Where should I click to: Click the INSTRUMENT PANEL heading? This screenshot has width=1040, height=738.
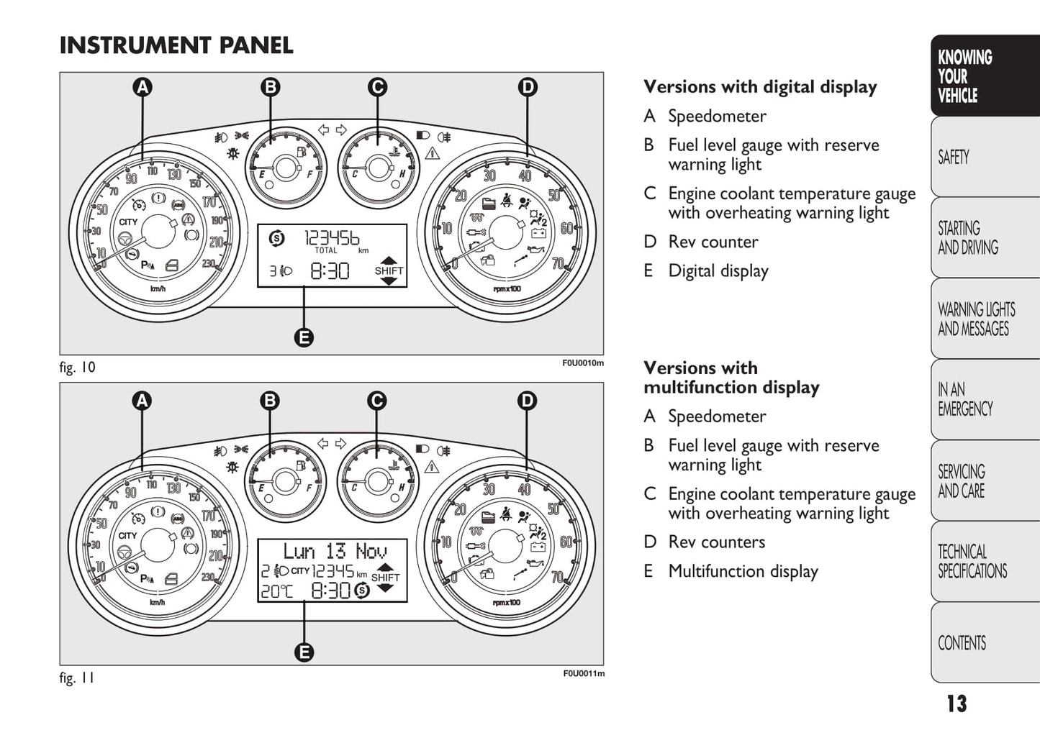pyautogui.click(x=176, y=45)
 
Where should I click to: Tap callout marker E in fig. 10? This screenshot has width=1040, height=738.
pyautogui.click(x=304, y=337)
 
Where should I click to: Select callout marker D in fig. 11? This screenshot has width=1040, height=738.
pyautogui.click(x=527, y=401)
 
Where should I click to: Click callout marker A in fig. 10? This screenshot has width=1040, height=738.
pyautogui.click(x=143, y=87)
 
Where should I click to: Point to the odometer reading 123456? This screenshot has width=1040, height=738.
pyautogui.click(x=332, y=238)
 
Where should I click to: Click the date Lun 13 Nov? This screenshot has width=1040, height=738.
pyautogui.click(x=335, y=552)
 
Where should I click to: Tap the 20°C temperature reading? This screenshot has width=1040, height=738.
pyautogui.click(x=276, y=591)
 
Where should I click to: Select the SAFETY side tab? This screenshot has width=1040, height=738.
pyautogui.click(x=954, y=157)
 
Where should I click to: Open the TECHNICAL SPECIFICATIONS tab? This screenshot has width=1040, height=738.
pyautogui.click(x=972, y=562)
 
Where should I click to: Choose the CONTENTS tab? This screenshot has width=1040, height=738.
pyautogui.click(x=962, y=643)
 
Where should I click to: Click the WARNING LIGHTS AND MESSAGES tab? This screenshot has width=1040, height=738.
pyautogui.click(x=976, y=319)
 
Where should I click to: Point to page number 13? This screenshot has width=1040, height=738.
pyautogui.click(x=957, y=703)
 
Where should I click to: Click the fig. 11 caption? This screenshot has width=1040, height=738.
pyautogui.click(x=77, y=678)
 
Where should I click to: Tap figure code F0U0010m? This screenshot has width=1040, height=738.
pyautogui.click(x=583, y=363)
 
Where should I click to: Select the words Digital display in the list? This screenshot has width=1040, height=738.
pyautogui.click(x=718, y=271)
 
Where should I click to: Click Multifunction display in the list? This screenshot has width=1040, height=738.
pyautogui.click(x=743, y=572)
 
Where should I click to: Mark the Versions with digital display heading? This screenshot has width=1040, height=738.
pyautogui.click(x=760, y=87)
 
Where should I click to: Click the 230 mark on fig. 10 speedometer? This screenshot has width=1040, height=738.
pyautogui.click(x=209, y=264)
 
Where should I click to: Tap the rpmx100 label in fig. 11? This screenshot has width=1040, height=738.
pyautogui.click(x=507, y=603)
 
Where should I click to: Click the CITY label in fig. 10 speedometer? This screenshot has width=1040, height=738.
pyautogui.click(x=128, y=222)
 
